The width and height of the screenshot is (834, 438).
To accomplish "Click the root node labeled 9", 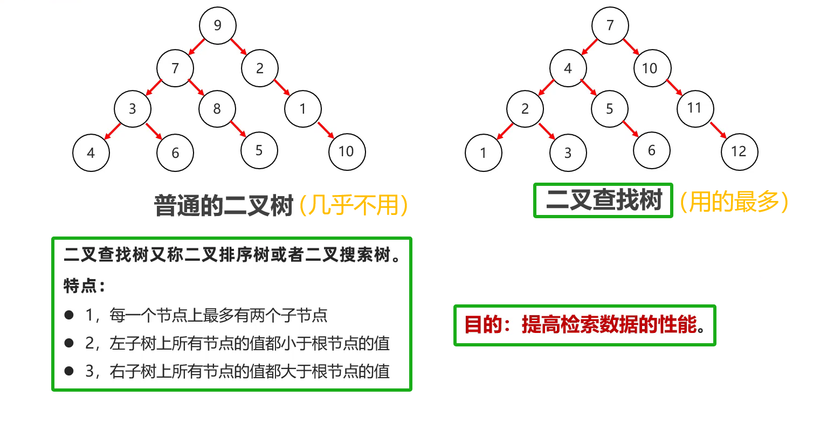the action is (217, 25).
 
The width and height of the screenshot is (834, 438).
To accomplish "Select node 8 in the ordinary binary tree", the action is (217, 109).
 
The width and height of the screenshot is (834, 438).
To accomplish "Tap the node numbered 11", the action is (695, 109).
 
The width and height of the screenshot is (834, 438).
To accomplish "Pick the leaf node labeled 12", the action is (739, 152).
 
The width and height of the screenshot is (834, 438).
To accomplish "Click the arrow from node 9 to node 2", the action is (238, 46).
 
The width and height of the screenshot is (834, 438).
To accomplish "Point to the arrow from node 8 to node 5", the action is (238, 128).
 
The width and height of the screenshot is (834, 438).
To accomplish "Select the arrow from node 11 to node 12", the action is (718, 130).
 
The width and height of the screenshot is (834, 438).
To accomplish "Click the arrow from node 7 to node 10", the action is (631, 46).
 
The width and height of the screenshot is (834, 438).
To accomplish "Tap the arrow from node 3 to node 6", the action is (154, 131).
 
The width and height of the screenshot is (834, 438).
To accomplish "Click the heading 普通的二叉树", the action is (224, 206).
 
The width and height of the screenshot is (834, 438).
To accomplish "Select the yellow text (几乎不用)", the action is (354, 205).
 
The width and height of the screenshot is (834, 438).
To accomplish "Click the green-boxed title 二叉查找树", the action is (603, 200).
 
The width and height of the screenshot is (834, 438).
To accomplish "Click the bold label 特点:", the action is (84, 286).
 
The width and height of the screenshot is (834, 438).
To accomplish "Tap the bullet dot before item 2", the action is (69, 343).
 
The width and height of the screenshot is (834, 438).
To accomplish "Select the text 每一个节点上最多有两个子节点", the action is (218, 315).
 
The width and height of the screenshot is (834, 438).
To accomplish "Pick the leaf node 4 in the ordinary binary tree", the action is (91, 153).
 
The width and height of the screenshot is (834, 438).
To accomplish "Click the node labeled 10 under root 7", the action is (650, 68).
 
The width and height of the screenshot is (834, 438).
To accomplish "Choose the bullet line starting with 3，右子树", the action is (237, 371).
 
